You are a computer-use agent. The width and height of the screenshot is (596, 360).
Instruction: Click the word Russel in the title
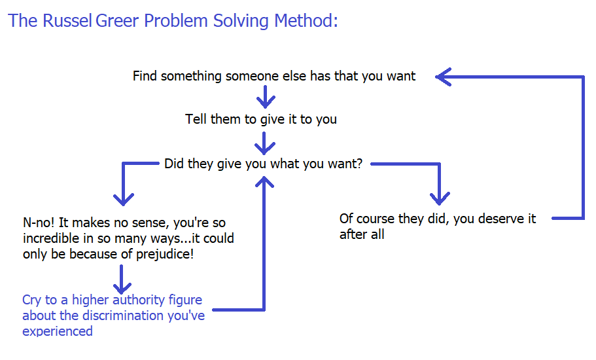coord(67,20)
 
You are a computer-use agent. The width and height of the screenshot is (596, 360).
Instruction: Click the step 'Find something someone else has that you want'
coord(274,76)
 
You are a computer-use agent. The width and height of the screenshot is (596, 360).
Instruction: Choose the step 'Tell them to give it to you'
coord(261,119)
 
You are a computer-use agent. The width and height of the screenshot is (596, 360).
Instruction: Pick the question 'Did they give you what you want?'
coord(264,164)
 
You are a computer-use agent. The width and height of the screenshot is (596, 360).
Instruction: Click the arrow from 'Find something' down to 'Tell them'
coord(266,97)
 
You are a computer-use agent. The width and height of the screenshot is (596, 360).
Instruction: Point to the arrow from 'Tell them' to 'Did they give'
coord(264,143)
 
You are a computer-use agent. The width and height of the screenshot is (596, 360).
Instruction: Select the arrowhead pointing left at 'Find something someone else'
coord(443,77)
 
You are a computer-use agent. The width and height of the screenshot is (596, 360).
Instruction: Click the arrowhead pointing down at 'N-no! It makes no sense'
coord(124,199)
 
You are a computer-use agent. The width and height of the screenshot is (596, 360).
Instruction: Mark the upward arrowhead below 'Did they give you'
coord(264,182)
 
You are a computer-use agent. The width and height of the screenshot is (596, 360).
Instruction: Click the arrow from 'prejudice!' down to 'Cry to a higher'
coord(122,279)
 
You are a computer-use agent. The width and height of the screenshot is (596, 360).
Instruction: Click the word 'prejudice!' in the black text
coord(165,254)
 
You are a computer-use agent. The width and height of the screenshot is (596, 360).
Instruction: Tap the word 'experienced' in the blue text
coord(58,331)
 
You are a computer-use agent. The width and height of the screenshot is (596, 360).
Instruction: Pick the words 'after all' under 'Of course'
coord(362,234)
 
